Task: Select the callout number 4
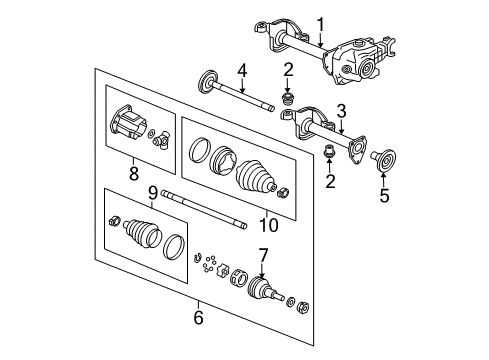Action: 240,70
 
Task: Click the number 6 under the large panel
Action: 197,318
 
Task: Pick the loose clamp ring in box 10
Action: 200,151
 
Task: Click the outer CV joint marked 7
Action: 263,291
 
